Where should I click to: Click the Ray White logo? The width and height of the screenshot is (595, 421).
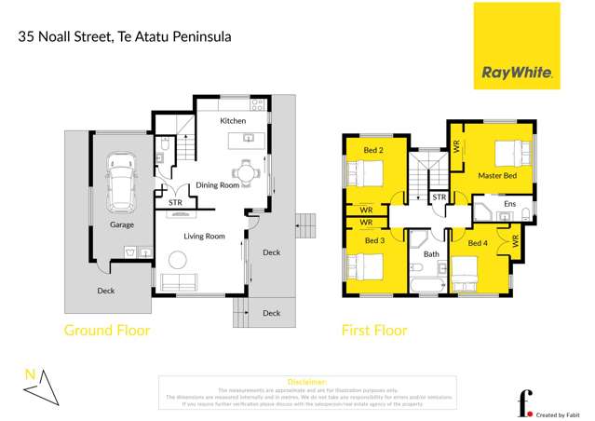point(517,47)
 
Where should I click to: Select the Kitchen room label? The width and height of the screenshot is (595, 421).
point(233,122)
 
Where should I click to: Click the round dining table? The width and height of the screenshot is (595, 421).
point(245,171)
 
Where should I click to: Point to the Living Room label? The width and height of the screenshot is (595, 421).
point(203,237)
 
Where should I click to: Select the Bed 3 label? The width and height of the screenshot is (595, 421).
point(374,241)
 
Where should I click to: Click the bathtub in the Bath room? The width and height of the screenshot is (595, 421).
point(429,279)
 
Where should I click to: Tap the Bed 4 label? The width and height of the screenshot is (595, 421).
point(478,244)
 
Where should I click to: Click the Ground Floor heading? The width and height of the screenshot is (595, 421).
point(106,330)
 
